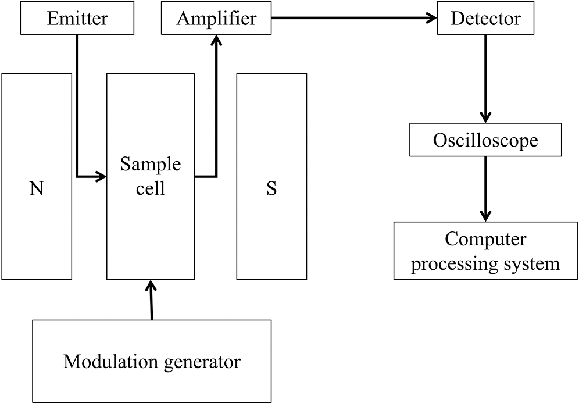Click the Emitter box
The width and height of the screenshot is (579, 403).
[x=77, y=18]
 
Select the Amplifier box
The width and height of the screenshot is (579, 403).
[x=216, y=18]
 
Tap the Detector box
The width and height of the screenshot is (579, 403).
[x=485, y=18]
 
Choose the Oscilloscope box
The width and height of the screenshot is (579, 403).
[x=485, y=140]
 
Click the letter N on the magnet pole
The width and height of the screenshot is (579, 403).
[x=37, y=188]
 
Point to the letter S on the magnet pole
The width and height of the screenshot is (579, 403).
[x=271, y=188]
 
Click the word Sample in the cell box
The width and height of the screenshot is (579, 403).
[x=151, y=165]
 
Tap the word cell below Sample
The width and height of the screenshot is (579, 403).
[x=151, y=188]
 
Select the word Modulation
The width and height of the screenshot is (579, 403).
[x=111, y=361]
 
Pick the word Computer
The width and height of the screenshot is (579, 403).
[x=485, y=240]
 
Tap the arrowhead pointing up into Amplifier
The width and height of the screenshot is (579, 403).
[x=216, y=40]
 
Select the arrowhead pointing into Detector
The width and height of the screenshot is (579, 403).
[x=432, y=17]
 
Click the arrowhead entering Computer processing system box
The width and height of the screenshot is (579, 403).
[x=485, y=216]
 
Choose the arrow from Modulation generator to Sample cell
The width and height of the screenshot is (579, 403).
[x=151, y=299]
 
